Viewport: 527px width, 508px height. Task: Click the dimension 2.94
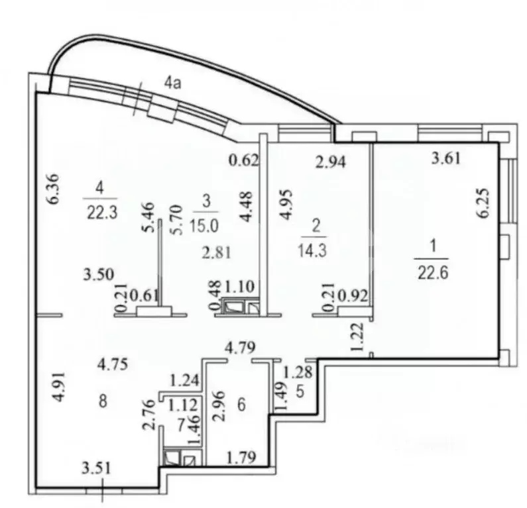[331, 161]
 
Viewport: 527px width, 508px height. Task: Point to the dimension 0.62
[244, 160]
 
